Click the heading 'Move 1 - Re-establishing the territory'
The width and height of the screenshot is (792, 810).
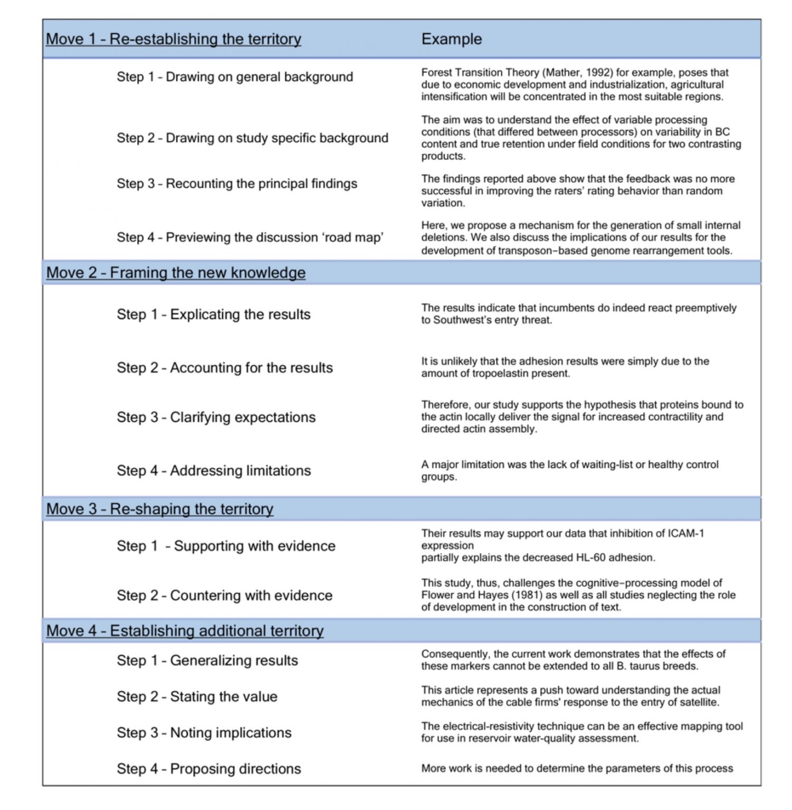(173, 39)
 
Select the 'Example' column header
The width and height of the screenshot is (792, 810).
(451, 39)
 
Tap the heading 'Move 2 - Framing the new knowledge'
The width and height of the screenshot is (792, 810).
(176, 273)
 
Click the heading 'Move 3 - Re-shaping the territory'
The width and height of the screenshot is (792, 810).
(159, 509)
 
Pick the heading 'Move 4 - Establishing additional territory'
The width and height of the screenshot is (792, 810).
(185, 631)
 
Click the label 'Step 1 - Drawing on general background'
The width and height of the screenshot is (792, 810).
(235, 77)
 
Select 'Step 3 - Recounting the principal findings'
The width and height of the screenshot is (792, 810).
(237, 184)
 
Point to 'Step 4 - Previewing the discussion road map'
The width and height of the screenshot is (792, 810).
(250, 237)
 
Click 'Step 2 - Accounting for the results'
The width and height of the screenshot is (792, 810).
(225, 368)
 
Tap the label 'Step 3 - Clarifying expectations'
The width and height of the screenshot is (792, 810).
(216, 417)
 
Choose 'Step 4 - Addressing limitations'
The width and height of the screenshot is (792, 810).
(214, 470)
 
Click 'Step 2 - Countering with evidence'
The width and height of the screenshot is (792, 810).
(225, 595)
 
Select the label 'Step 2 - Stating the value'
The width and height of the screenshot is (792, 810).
(197, 697)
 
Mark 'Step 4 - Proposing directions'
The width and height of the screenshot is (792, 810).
(209, 769)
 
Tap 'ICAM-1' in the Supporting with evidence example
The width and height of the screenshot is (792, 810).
(685, 534)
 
